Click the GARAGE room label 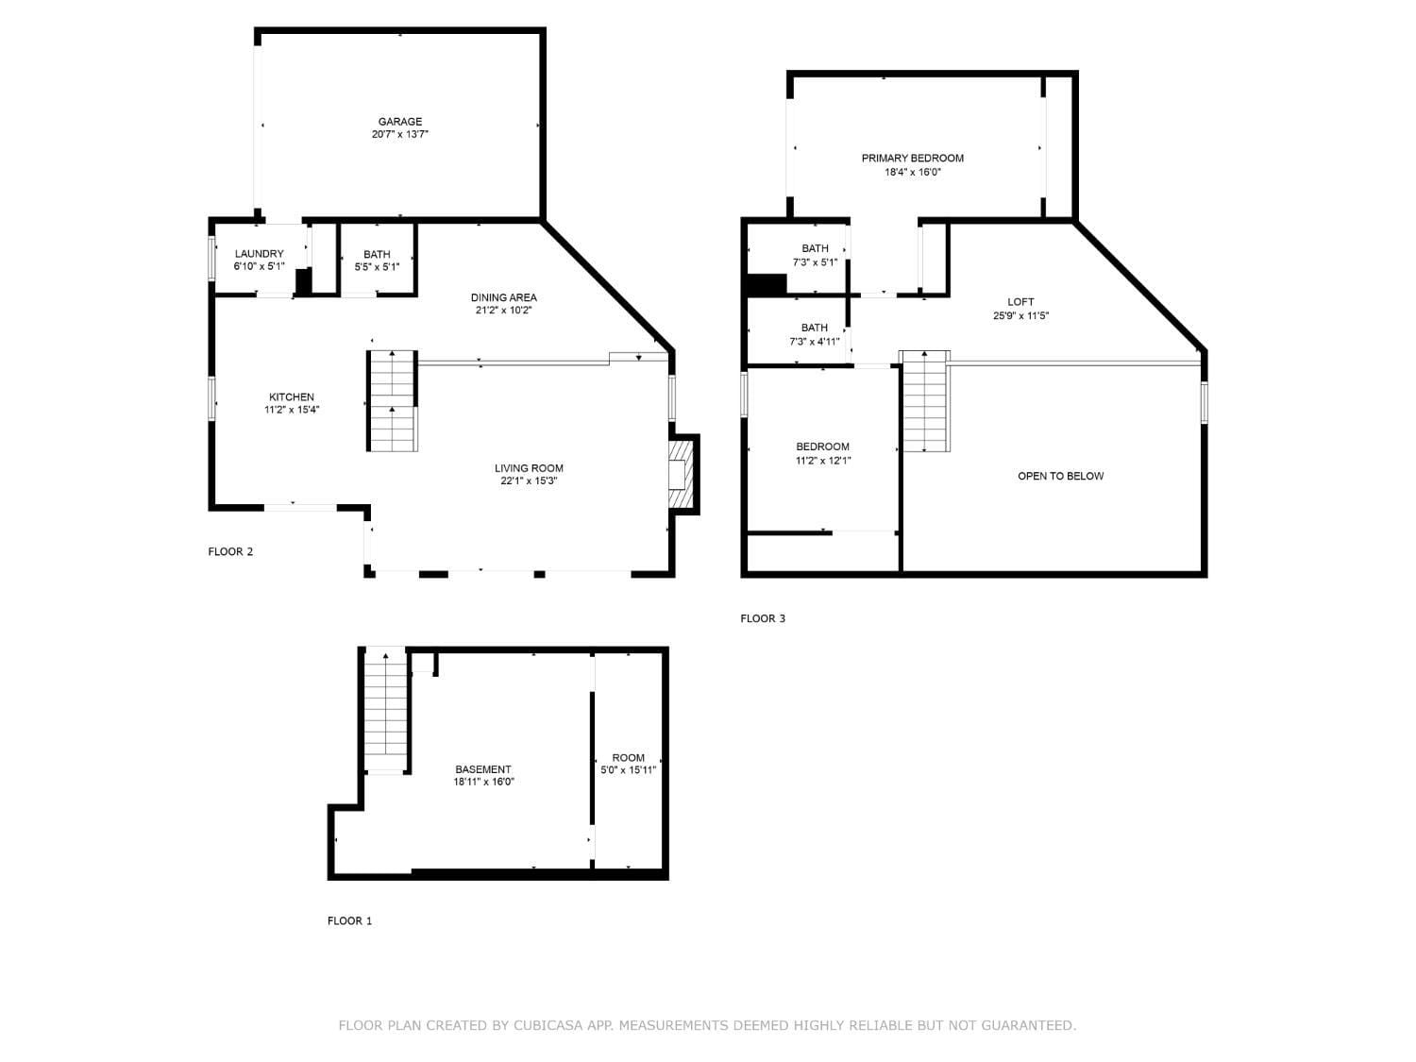pyautogui.click(x=400, y=122)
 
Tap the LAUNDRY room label pyautogui.click(x=259, y=254)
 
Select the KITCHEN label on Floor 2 pyautogui.click(x=292, y=397)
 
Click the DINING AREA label pyautogui.click(x=504, y=297)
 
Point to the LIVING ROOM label pyautogui.click(x=529, y=468)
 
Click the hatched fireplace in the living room pyautogui.click(x=680, y=474)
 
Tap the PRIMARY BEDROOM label pyautogui.click(x=912, y=159)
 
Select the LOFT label pyautogui.click(x=1020, y=302)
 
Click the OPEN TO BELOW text pyautogui.click(x=1060, y=476)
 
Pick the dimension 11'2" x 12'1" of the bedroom pyautogui.click(x=822, y=461)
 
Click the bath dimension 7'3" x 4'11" pyautogui.click(x=815, y=342)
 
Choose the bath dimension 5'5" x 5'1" pyautogui.click(x=377, y=267)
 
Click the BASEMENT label pyautogui.click(x=483, y=769)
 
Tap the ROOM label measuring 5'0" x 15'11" pyautogui.click(x=629, y=757)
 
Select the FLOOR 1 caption pyautogui.click(x=349, y=920)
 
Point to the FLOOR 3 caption pyautogui.click(x=763, y=618)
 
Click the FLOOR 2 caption pyautogui.click(x=230, y=551)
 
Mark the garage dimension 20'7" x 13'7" pyautogui.click(x=400, y=135)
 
